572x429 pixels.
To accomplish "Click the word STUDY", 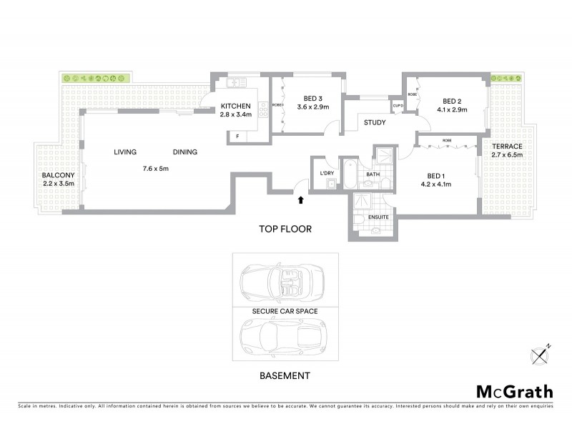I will (374, 122).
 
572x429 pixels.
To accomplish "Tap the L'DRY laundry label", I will (327, 173).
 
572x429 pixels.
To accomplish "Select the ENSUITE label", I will (378, 217).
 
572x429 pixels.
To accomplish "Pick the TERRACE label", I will (507, 146).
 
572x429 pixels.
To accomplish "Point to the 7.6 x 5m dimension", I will (155, 169).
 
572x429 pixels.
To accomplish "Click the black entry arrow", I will (300, 201).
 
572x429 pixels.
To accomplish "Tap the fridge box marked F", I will (237, 135).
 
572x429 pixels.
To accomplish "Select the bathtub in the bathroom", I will (350, 176).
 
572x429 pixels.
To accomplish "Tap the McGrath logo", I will (513, 391).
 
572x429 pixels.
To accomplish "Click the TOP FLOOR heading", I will (285, 229).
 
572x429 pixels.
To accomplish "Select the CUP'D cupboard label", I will (398, 107).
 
